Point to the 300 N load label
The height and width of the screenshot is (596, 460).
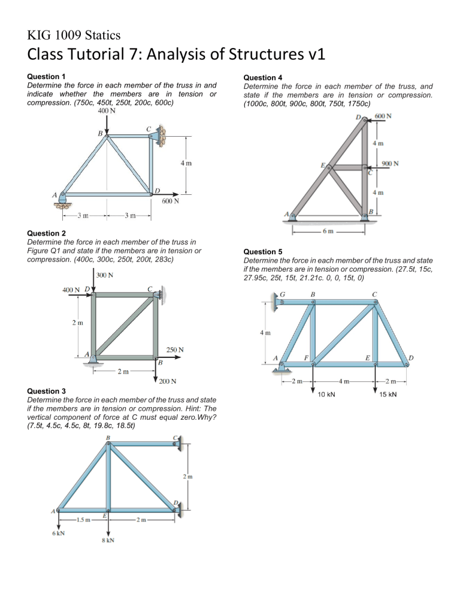107,276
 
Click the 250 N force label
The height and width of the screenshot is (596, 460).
175,349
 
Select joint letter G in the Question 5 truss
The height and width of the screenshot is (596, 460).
283,294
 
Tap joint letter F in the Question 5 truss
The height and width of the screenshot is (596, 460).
305,357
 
